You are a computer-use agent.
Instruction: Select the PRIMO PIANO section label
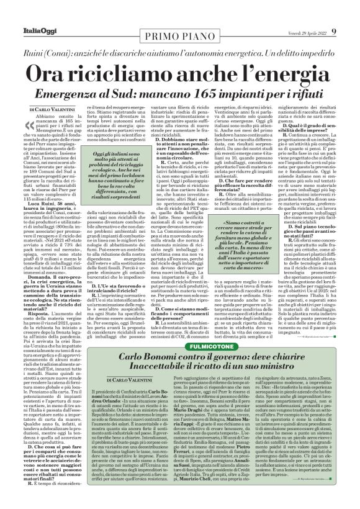click(x=179, y=34)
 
